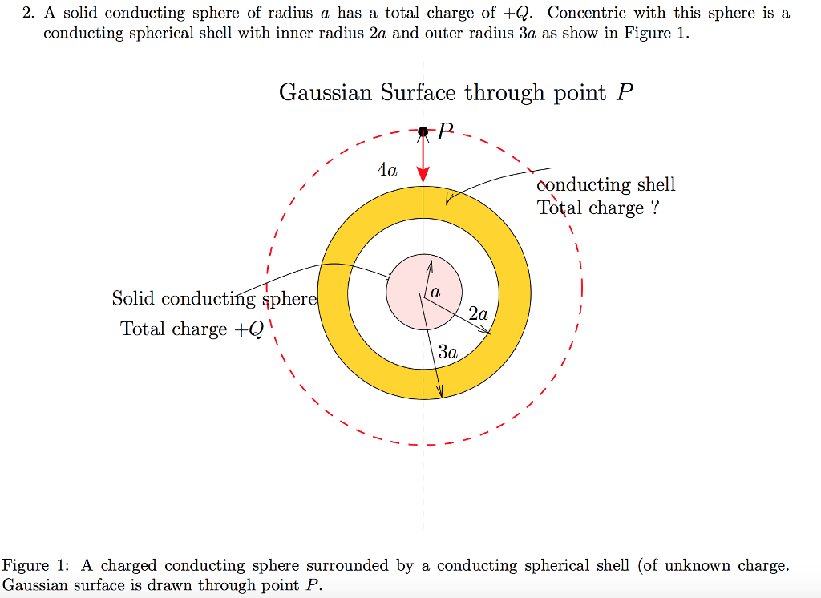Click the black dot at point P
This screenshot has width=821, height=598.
423,131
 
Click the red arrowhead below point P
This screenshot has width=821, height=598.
423,176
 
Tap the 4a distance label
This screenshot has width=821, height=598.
387,170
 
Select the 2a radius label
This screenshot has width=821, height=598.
478,314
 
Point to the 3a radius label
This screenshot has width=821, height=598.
447,351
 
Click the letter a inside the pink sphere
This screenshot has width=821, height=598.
435,293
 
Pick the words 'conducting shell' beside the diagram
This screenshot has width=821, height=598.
606,185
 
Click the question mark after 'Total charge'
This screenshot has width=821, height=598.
654,208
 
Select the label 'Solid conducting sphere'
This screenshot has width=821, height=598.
215,298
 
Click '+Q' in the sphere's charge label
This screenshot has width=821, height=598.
249,329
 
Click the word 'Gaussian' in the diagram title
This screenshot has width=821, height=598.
326,92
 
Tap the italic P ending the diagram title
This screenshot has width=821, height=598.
625,92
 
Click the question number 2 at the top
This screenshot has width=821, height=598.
27,13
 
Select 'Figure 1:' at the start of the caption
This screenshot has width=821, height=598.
35,565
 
